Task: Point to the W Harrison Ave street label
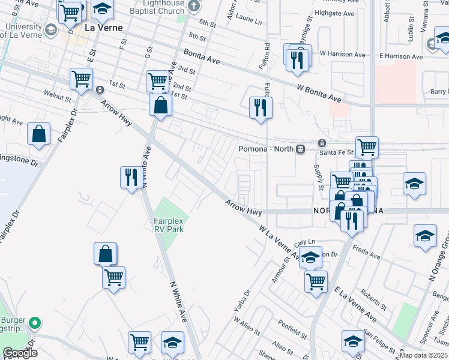(343, 54)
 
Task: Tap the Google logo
(20, 353)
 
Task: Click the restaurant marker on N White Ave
(130, 177)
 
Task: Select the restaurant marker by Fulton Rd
(261, 108)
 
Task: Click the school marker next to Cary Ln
(310, 258)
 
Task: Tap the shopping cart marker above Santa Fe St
(366, 146)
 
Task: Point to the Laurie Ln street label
(250, 20)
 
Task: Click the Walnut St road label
(58, 94)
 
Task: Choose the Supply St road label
(318, 175)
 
